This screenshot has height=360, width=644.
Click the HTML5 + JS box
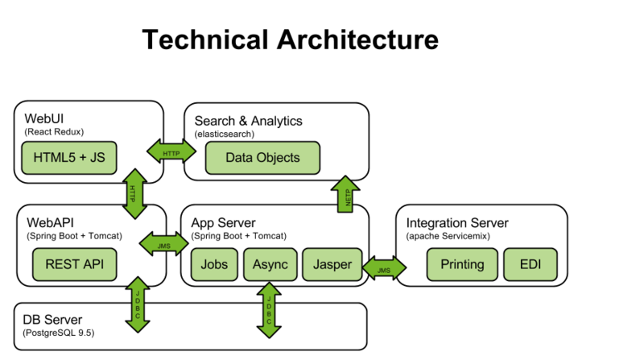pos(69,157)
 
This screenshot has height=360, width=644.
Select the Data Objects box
pos(262,157)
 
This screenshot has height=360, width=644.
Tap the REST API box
pos(74,264)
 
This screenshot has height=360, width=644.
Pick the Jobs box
pos(214,264)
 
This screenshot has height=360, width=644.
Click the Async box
pos(270,264)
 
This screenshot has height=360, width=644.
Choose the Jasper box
pos(332,264)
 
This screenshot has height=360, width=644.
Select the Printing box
pos(462,264)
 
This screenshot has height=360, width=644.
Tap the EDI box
pos(530,264)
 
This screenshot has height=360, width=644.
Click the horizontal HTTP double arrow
pos(171,151)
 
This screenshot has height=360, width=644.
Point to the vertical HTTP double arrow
pos(134,193)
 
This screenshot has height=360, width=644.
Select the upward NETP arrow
pos(346,196)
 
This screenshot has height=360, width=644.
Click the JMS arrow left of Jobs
pos(164,242)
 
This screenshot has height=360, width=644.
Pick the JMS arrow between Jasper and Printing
pos(384,268)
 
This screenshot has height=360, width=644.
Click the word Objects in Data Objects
pos(277,157)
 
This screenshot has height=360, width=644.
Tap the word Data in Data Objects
pos(239,157)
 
